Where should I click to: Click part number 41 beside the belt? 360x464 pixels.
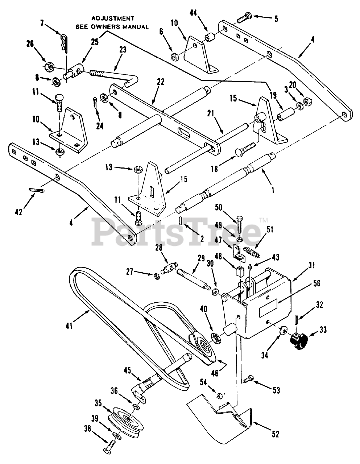69,326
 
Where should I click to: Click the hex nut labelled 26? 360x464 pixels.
50,67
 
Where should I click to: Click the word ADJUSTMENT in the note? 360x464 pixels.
112,18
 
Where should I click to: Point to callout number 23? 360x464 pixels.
123,50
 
